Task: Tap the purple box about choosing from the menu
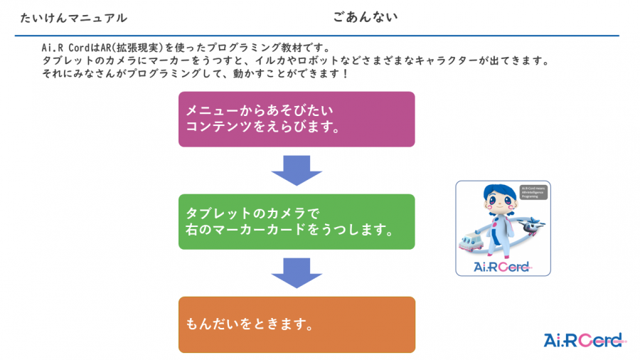[296, 120]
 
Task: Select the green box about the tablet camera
[296, 221]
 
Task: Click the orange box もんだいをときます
[296, 324]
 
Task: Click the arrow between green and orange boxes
[297, 273]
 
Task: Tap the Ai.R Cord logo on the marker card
[502, 267]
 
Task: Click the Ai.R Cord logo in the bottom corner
[582, 340]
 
